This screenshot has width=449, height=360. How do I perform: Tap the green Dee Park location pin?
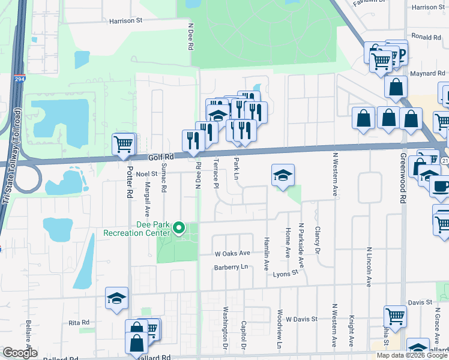coord(178,228)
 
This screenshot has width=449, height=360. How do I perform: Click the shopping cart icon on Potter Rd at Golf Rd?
coord(123,144)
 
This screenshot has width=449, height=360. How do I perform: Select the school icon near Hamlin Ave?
coord(283,175)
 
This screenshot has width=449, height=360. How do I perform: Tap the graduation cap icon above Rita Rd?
coord(116,299)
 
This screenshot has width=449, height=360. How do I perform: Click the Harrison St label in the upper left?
coord(125,20)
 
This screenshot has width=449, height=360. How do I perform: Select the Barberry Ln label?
coord(231,268)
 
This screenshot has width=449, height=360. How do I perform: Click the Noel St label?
coord(146,174)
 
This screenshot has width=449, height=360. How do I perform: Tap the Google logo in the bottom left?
coord(20,352)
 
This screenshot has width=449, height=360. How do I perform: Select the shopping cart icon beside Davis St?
coord(396,316)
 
